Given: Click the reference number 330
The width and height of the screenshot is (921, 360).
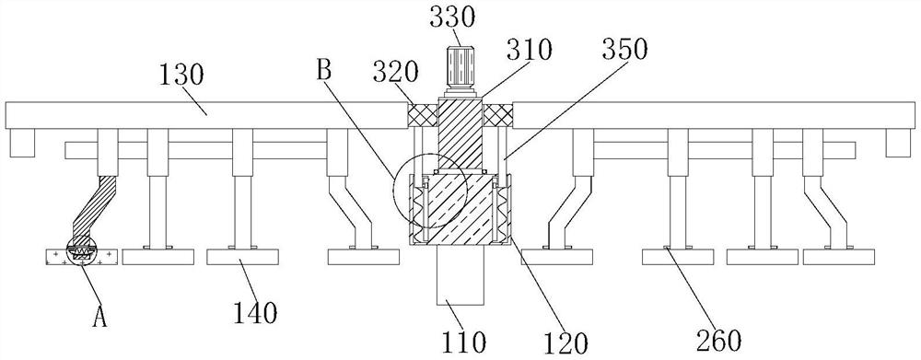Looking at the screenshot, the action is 451,18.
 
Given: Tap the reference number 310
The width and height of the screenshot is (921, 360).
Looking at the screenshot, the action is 530,51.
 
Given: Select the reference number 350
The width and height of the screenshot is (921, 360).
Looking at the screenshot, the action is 625,51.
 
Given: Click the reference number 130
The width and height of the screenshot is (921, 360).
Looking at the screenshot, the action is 181,75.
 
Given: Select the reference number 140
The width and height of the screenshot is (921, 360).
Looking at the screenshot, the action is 255,313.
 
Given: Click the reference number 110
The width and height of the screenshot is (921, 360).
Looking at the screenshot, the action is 464,342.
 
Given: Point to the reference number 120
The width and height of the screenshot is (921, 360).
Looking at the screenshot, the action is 565,343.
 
